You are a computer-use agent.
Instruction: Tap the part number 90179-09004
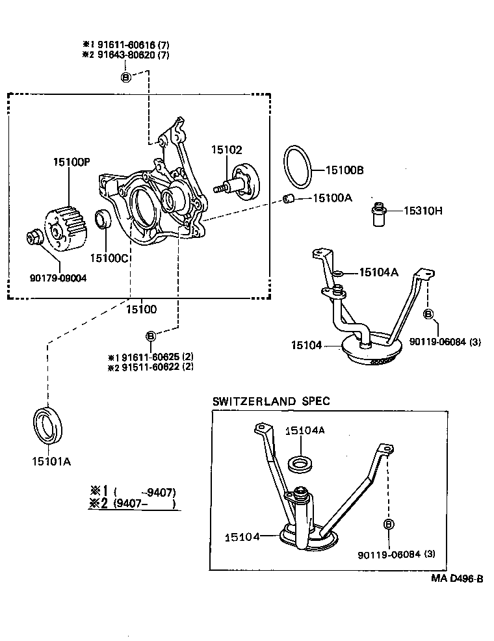point(58,278)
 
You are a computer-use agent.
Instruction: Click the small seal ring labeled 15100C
point(103,219)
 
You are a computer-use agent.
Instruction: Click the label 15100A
point(332,197)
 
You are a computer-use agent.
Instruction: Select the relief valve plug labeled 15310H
point(378,214)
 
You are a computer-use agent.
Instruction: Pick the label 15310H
point(422,210)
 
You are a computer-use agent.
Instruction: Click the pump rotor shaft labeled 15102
point(241,181)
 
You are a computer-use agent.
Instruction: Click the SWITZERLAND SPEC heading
point(271,401)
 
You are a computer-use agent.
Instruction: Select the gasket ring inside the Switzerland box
point(301,464)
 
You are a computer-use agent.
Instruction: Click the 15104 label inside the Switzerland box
point(242,537)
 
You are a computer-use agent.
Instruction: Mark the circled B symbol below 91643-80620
point(126,77)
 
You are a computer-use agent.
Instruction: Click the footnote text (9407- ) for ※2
point(144,503)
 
